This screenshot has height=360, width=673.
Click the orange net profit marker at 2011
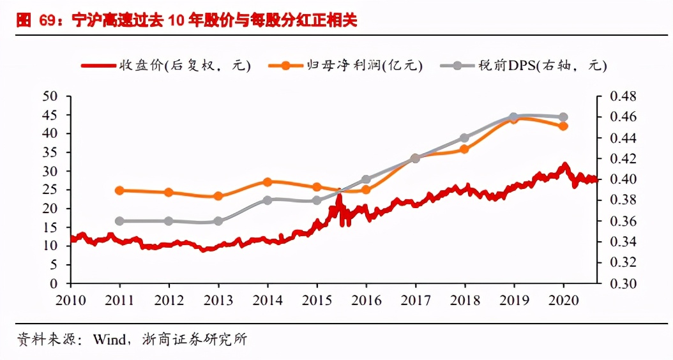tap(119, 190)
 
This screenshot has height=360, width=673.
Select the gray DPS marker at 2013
tap(218, 221)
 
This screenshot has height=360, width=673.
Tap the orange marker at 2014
tap(267, 182)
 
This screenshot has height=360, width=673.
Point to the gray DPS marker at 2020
tap(563, 117)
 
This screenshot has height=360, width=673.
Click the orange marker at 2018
tap(464, 149)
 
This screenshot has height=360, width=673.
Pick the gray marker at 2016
tap(366, 179)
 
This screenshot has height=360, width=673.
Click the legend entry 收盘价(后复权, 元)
tap(166, 65)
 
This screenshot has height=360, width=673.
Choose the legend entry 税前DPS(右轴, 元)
tap(529, 65)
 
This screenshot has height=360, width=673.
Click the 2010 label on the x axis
tap(70, 300)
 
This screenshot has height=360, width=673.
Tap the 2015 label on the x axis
tap(317, 300)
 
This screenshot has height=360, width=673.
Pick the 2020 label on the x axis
tap(563, 300)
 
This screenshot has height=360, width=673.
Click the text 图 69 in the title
tap(33, 21)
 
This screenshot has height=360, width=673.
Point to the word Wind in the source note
tap(109, 340)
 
